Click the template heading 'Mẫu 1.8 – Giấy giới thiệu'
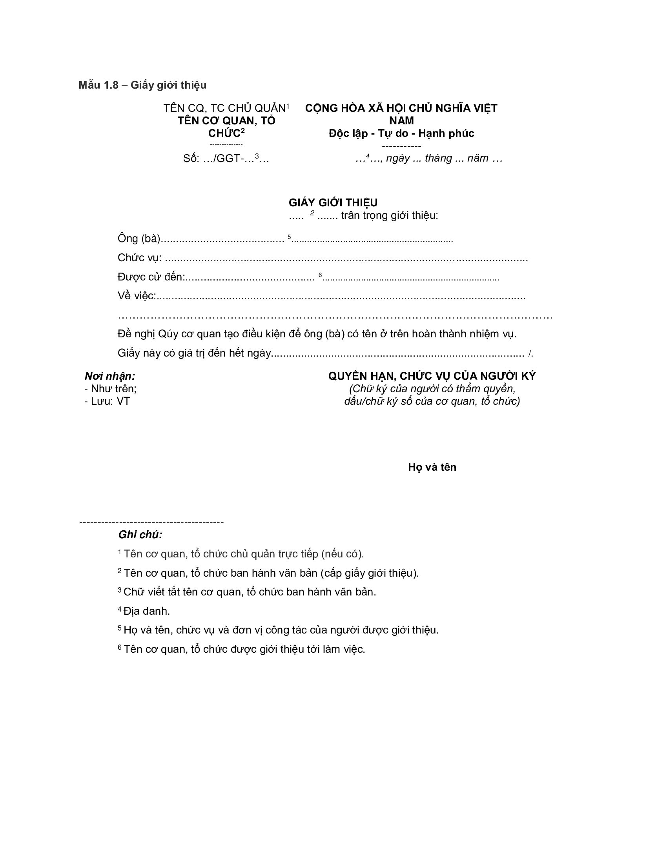[x=142, y=85]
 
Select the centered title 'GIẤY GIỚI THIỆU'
[x=333, y=203]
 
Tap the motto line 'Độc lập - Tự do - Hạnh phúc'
[x=401, y=133]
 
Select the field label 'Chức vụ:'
[x=140, y=258]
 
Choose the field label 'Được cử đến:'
[x=151, y=277]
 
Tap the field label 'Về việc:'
[x=137, y=296]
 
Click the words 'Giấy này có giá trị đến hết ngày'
[x=194, y=353]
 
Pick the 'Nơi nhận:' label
[x=110, y=376]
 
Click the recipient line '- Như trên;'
[x=110, y=389]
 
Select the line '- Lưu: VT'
[x=107, y=401]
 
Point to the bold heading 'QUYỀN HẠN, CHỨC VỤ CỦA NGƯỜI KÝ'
[x=432, y=376]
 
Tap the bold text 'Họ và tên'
[x=432, y=467]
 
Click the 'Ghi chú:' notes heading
[x=140, y=535]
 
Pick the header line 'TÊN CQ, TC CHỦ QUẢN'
[x=224, y=108]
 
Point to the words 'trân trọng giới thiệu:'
[x=390, y=216]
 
